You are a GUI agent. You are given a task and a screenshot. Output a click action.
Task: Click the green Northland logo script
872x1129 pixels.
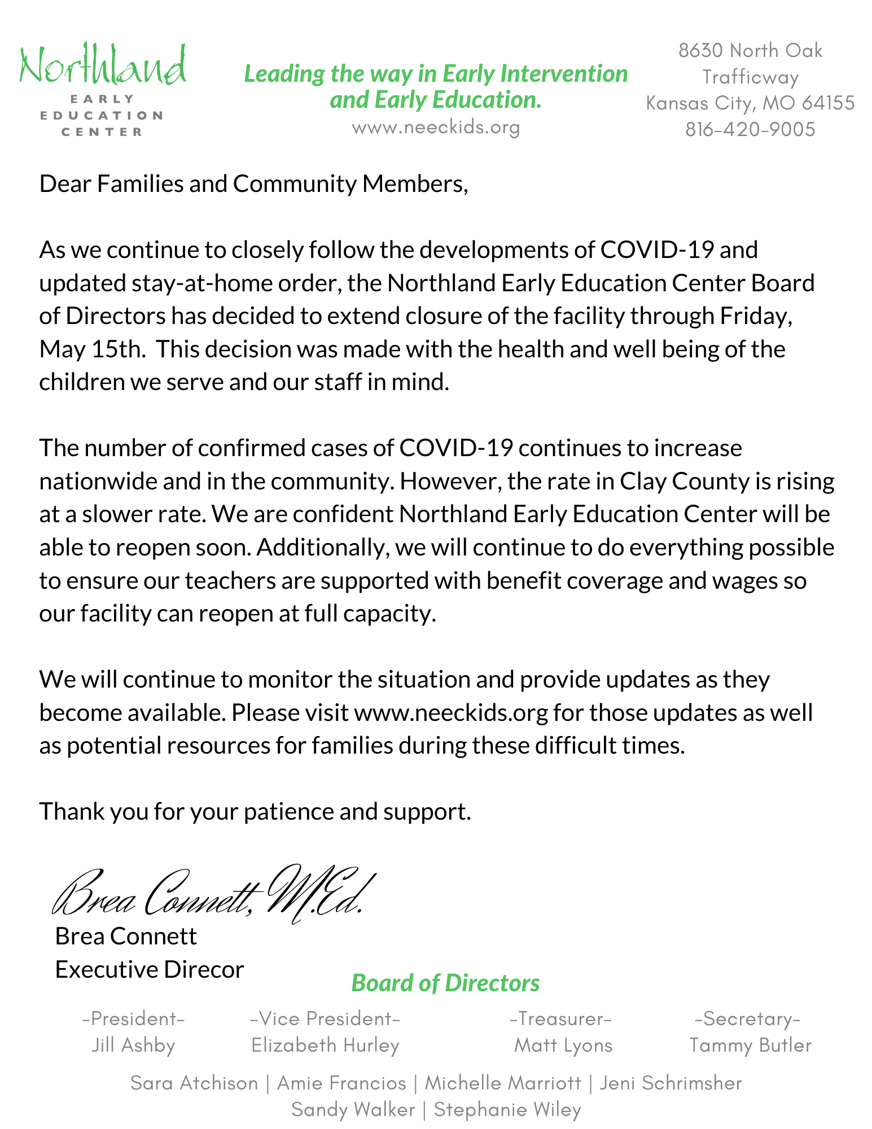pyautogui.click(x=103, y=67)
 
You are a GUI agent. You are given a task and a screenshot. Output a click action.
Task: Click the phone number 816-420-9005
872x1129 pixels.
pyautogui.click(x=750, y=130)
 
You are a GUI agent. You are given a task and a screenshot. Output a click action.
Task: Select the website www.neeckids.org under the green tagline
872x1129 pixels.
pyautogui.click(x=436, y=128)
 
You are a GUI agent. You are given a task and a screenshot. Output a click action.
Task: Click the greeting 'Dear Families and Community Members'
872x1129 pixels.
pyautogui.click(x=253, y=184)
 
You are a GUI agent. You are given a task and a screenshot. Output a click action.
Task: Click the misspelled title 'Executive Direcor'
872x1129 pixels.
pyautogui.click(x=150, y=970)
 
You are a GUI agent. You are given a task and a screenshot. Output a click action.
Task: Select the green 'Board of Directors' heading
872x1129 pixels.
pyautogui.click(x=445, y=983)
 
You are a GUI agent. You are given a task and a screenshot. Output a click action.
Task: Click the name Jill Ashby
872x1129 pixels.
pyautogui.click(x=133, y=1045)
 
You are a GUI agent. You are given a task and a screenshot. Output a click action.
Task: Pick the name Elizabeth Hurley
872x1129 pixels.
pyautogui.click(x=325, y=1045)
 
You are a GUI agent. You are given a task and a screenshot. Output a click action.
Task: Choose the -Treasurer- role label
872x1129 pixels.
pyautogui.click(x=560, y=1018)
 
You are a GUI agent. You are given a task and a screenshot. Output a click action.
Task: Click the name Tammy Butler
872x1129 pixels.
pyautogui.click(x=750, y=1045)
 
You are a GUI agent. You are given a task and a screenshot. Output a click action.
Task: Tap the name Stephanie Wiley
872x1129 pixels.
pyautogui.click(x=507, y=1110)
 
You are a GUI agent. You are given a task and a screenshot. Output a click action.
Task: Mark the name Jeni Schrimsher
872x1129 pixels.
pyautogui.click(x=671, y=1083)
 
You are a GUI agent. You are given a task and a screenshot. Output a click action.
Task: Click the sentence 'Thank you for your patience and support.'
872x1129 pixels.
pyautogui.click(x=255, y=812)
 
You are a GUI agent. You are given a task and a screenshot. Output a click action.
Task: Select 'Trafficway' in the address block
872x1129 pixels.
pyautogui.click(x=750, y=77)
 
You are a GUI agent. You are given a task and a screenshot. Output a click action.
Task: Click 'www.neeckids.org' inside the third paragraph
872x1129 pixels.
pyautogui.click(x=451, y=713)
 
